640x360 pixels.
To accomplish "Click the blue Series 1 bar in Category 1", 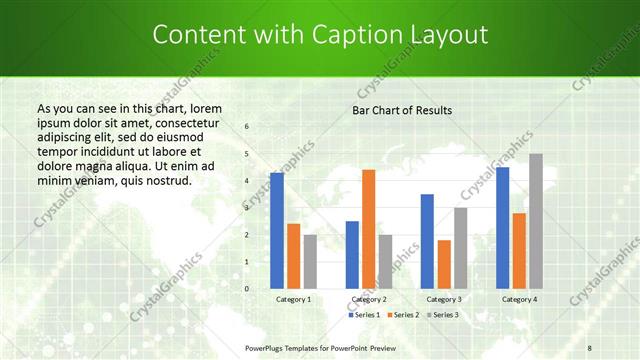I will (x=277, y=230).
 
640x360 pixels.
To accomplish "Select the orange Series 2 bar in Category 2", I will (x=368, y=229).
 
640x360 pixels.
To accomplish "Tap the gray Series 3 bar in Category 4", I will (x=536, y=221).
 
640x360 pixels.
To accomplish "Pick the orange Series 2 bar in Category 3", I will (x=444, y=264).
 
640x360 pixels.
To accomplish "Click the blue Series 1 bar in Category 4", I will (x=502, y=227).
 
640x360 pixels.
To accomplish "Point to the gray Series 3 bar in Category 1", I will (x=310, y=261).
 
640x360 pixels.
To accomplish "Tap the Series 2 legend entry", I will (x=402, y=315).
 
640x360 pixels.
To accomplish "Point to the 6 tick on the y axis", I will (x=247, y=127).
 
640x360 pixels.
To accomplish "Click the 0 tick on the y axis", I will (x=247, y=288).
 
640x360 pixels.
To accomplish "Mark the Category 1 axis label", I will (x=293, y=299).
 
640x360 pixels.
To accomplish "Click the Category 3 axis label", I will (x=443, y=299).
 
